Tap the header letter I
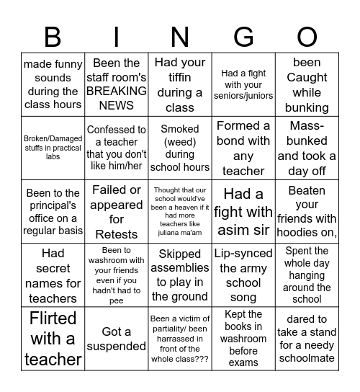(x=116, y=37)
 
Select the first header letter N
(x=179, y=37)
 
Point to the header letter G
(x=243, y=37)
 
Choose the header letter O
(x=307, y=37)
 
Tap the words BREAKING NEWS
(x=116, y=98)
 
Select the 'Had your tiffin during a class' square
(x=179, y=84)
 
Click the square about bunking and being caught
(x=307, y=84)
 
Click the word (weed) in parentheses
(x=179, y=153)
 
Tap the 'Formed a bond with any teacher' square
(x=243, y=148)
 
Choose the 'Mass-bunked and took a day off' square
(x=307, y=148)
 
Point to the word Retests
(x=116, y=234)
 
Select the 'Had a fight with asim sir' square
(x=243, y=212)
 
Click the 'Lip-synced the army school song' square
(x=243, y=275)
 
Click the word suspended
(x=116, y=346)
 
